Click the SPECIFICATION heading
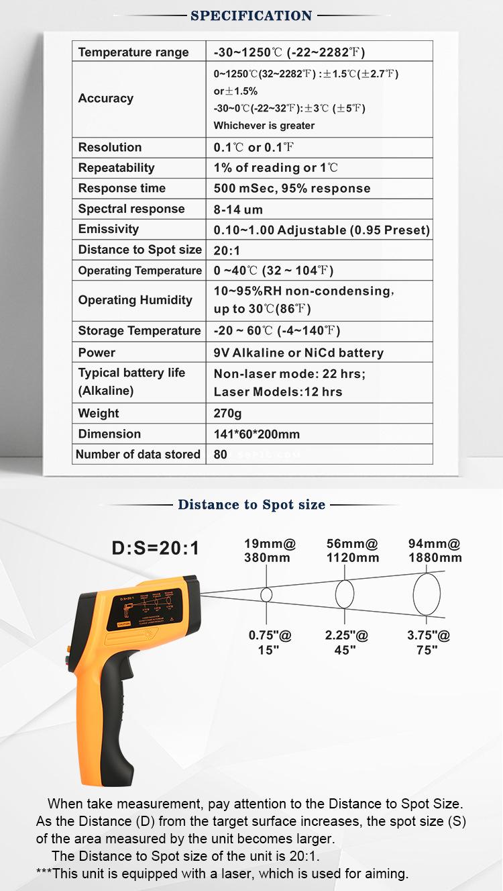coord(251,15)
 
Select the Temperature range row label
coord(133,52)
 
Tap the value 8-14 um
coord(238,209)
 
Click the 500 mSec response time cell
coord(292,189)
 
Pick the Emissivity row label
coord(109,229)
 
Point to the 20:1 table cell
coord(226,250)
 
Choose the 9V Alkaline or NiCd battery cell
coord(298,353)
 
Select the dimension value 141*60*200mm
coord(257,434)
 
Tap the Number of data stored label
coord(138,455)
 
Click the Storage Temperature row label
coord(139,331)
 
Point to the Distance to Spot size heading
coord(251,505)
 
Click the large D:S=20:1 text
coord(156,549)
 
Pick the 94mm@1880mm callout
coord(435,551)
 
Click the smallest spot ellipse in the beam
coord(266,594)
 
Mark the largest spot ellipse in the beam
coord(427,594)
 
